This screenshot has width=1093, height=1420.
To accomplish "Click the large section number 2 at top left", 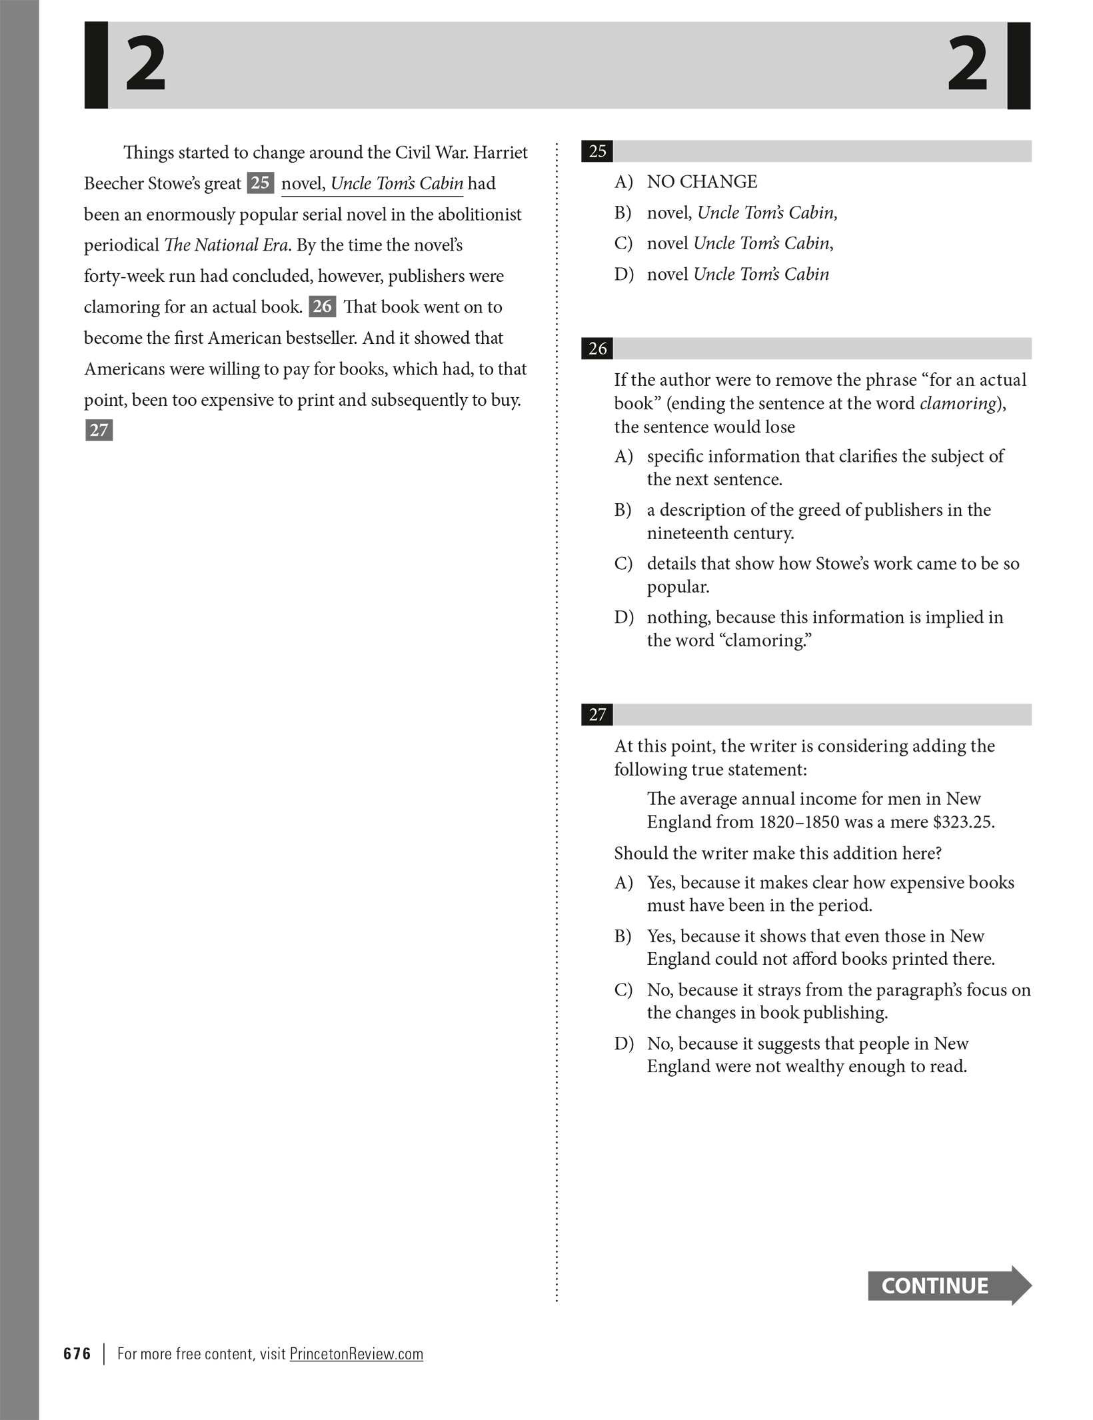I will click(145, 65).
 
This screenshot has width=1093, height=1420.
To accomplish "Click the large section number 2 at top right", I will click(967, 65).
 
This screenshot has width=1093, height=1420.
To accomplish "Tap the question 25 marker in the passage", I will click(260, 183).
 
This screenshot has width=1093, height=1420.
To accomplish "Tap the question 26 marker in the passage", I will click(322, 307).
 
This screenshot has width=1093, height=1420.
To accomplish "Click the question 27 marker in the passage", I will click(99, 430).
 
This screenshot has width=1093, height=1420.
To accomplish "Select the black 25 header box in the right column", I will click(597, 151).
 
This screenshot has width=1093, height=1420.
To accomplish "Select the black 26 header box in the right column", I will click(597, 349).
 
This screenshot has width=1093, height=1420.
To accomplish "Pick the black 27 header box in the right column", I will click(597, 715).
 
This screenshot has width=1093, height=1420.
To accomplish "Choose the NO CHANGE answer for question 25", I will click(702, 182).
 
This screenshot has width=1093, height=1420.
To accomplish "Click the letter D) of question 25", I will click(623, 275).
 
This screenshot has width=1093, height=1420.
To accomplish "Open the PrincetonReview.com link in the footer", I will click(356, 1354).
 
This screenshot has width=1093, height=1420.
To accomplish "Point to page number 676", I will click(77, 1354).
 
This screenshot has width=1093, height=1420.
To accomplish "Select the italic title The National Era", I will click(226, 245).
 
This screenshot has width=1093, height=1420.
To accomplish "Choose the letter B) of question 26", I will click(623, 510).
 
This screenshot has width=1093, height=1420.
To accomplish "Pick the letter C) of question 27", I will click(623, 990).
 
